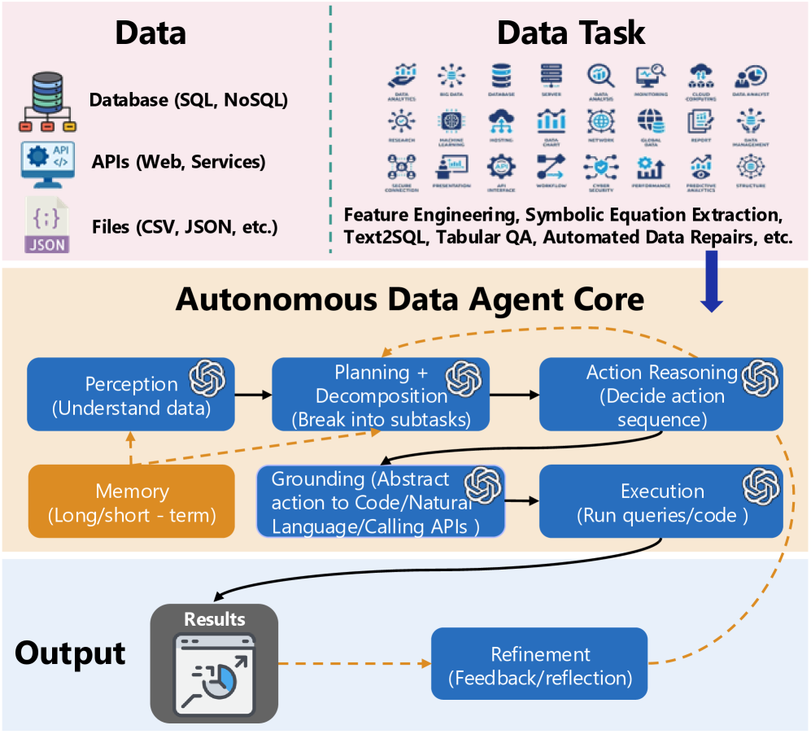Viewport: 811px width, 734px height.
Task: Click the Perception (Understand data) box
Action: click(130, 395)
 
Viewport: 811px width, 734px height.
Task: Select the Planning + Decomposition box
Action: click(381, 395)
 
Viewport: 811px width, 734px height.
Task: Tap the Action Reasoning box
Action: click(661, 395)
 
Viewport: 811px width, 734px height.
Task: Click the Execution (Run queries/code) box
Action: click(661, 501)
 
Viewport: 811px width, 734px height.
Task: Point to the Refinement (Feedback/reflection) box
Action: click(539, 663)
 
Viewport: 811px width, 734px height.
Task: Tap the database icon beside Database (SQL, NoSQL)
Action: click(47, 103)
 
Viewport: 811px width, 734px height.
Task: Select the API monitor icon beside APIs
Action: click(47, 161)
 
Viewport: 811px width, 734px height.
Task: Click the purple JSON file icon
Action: click(47, 224)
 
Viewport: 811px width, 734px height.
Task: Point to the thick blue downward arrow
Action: click(713, 284)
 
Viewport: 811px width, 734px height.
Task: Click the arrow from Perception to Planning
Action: click(253, 395)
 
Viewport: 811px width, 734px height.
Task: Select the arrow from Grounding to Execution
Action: click(522, 501)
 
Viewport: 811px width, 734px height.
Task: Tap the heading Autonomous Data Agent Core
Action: click(410, 299)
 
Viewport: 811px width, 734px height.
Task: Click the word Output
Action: click(72, 653)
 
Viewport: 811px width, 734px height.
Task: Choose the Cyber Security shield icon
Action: click(600, 167)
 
